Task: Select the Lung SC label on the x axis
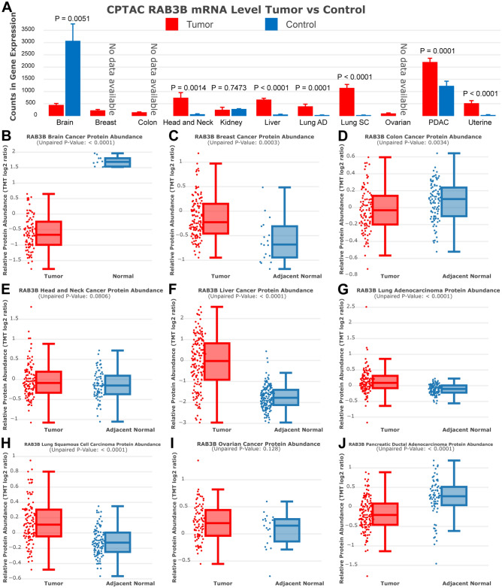pos(346,124)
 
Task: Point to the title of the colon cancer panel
pos(423,137)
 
